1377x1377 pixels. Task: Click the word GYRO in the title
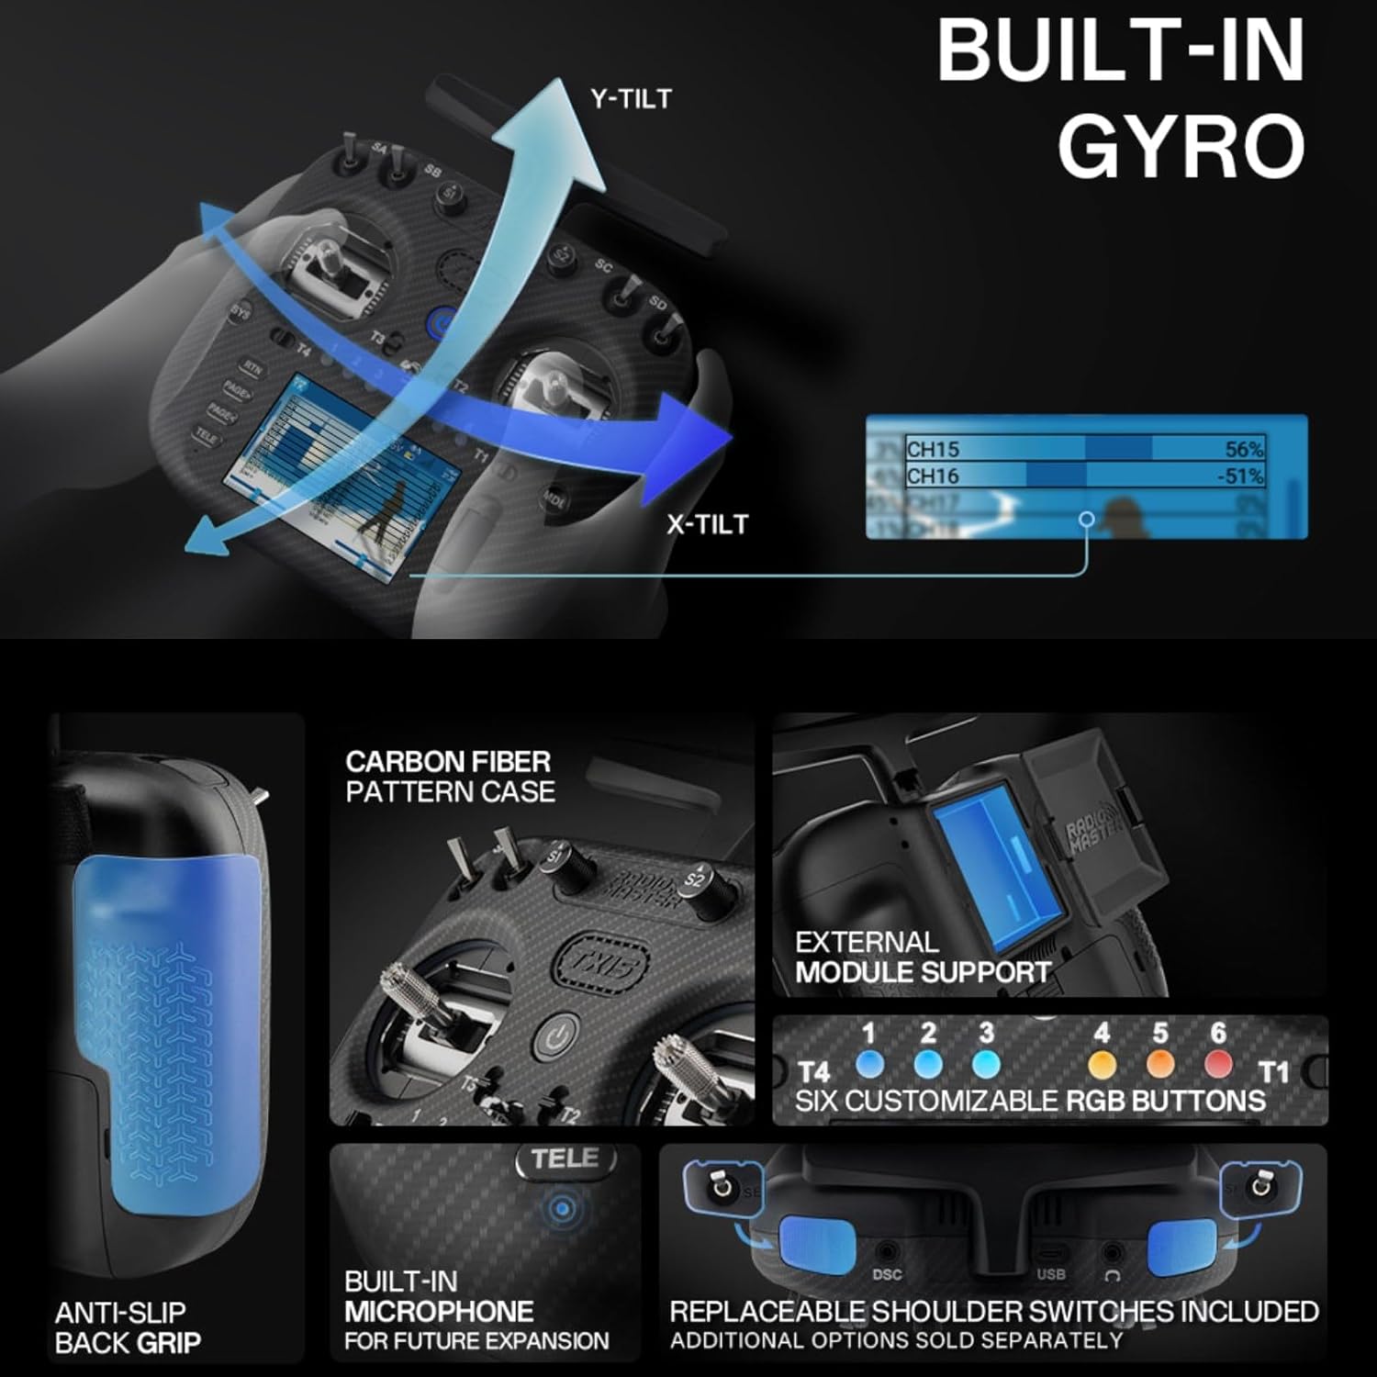(x=1181, y=146)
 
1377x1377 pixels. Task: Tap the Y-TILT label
(x=631, y=99)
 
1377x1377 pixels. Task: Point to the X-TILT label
(x=707, y=524)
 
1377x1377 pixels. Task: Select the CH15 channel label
(x=933, y=449)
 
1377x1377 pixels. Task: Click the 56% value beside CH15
(x=1244, y=449)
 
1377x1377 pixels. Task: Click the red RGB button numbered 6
(x=1218, y=1065)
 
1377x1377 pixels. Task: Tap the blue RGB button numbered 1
(x=868, y=1065)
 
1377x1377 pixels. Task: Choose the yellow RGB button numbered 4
(x=1102, y=1065)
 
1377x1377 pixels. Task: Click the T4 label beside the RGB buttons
(x=814, y=1071)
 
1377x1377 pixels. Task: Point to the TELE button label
(x=565, y=1159)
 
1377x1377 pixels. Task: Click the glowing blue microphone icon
(x=562, y=1209)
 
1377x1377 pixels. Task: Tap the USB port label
(x=1051, y=1274)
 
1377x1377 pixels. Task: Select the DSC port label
(x=887, y=1274)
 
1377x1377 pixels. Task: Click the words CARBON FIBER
(x=448, y=762)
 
